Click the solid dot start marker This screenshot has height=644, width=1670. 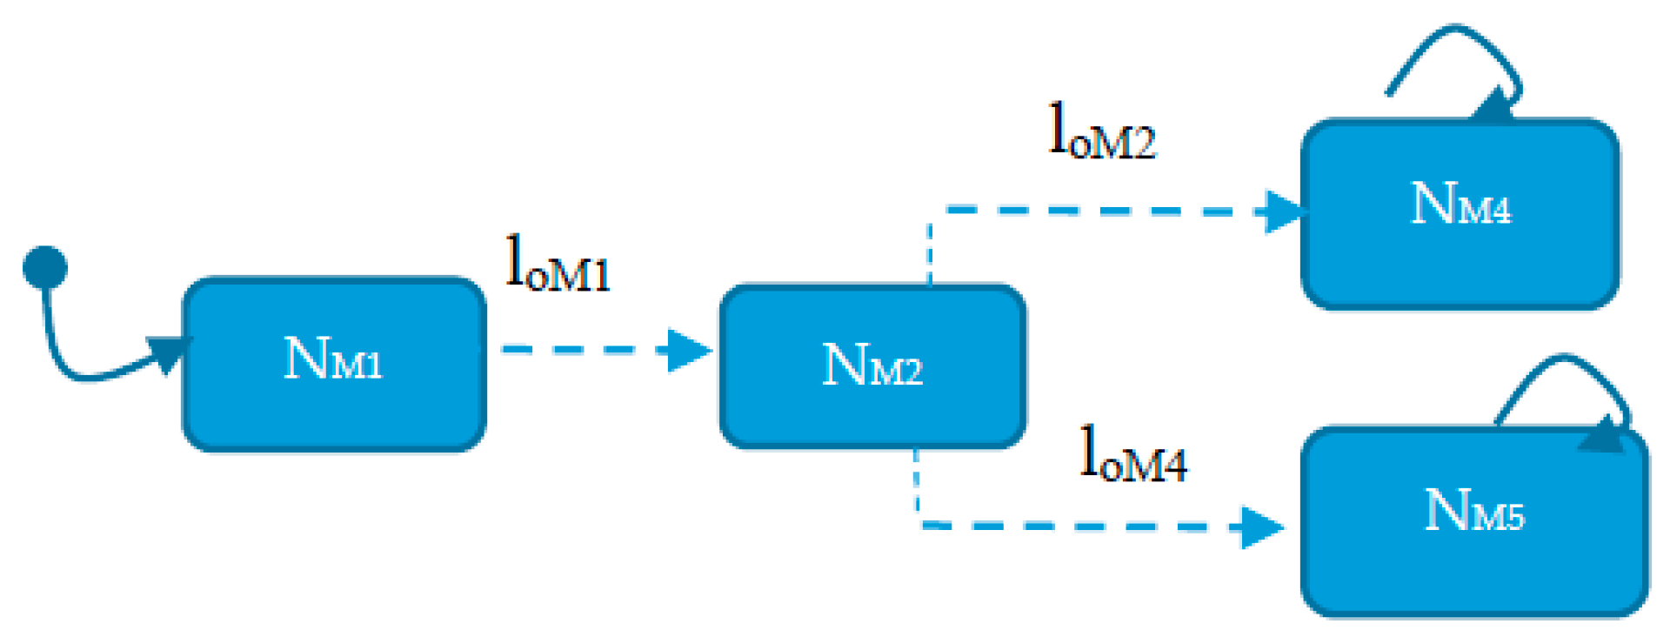pos(45,266)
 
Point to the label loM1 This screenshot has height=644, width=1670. pos(558,265)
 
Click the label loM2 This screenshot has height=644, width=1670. pos(1102,133)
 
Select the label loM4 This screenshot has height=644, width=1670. pos(1132,455)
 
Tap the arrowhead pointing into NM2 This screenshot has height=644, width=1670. pos(689,350)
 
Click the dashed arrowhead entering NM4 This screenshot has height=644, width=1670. pos(1284,211)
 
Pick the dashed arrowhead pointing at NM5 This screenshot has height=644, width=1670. pos(1261,527)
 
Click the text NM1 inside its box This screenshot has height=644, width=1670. pos(333,359)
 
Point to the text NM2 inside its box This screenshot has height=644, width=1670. pos(872,366)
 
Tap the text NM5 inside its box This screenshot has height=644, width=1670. pos(1474,512)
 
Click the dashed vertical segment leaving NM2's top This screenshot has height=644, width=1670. pos(930,252)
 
